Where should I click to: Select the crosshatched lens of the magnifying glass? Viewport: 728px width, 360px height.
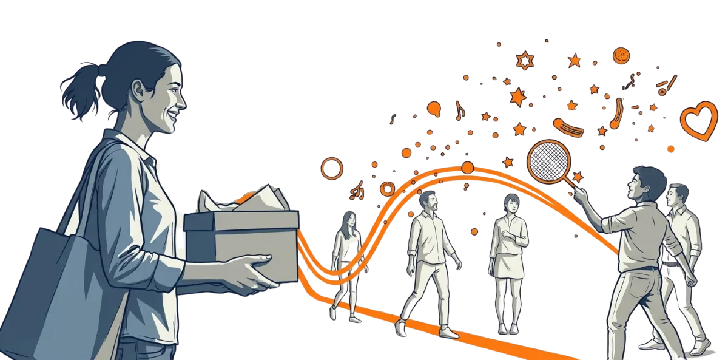(x=547, y=160)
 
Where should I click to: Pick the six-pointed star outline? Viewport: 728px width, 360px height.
(x=524, y=60)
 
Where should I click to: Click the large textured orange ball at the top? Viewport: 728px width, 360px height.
(x=621, y=56)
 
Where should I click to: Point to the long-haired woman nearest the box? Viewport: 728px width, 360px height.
(x=347, y=255)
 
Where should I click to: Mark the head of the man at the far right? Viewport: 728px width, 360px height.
(x=677, y=195)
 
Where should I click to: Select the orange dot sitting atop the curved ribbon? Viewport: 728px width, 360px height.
(x=467, y=167)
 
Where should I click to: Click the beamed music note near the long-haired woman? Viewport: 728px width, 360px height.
(x=358, y=192)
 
